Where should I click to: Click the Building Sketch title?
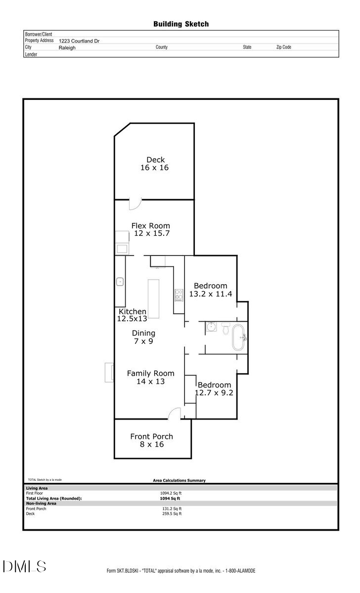(180, 24)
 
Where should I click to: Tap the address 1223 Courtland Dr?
(79, 41)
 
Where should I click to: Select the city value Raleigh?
(67, 48)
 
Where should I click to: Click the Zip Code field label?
(283, 47)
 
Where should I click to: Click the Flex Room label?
(150, 226)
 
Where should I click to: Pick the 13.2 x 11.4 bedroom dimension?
(211, 294)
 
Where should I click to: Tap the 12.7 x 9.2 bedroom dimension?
(214, 393)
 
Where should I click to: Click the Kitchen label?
(133, 311)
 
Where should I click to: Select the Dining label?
(144, 333)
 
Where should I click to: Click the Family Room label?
(150, 374)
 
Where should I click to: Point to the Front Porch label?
(151, 436)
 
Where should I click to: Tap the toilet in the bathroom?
(225, 328)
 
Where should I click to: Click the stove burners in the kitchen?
(179, 295)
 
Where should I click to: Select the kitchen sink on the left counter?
(120, 282)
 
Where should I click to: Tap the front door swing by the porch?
(175, 414)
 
